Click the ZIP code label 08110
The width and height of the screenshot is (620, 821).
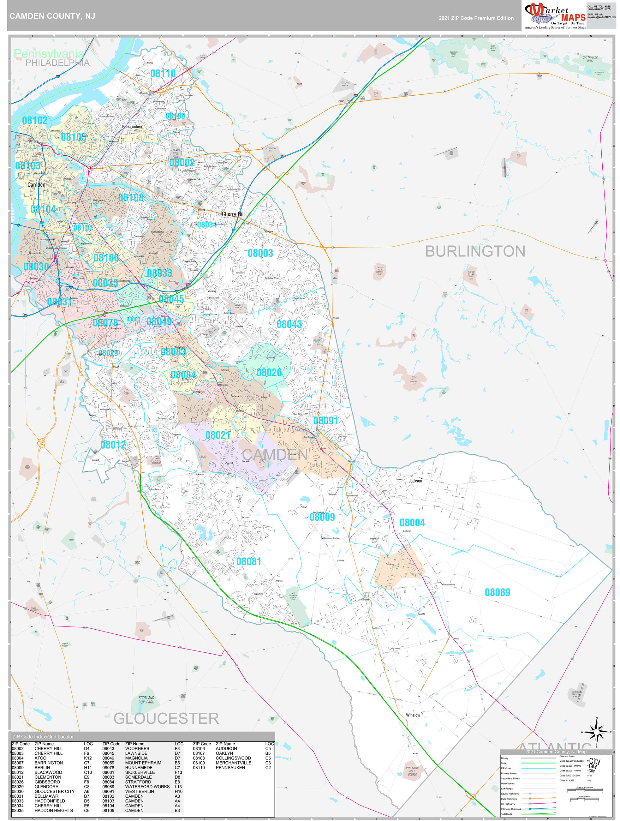pyautogui.click(x=163, y=74)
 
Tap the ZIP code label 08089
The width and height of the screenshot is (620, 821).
pyautogui.click(x=497, y=592)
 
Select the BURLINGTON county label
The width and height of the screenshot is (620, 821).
pyautogui.click(x=475, y=251)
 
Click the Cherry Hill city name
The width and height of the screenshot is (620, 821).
pyautogui.click(x=233, y=214)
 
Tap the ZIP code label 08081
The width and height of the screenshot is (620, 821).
pyautogui.click(x=248, y=561)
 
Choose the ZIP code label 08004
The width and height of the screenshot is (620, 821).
pyautogui.click(x=412, y=523)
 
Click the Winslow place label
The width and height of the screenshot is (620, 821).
pyautogui.click(x=413, y=715)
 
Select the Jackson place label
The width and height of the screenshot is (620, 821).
pyautogui.click(x=415, y=481)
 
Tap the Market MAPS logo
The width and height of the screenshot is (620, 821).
pyautogui.click(x=555, y=15)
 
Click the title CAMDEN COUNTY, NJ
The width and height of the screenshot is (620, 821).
pyautogui.click(x=52, y=16)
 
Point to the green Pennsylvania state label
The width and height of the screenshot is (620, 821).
pyautogui.click(x=49, y=54)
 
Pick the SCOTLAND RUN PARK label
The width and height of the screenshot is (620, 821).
pyautogui.click(x=146, y=700)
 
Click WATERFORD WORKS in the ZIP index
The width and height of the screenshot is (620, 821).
pyautogui.click(x=147, y=787)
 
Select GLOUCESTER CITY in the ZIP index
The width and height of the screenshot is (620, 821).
pyautogui.click(x=55, y=791)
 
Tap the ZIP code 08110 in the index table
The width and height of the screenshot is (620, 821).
pyautogui.click(x=199, y=768)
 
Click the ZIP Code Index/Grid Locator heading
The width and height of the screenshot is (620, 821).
pyautogui.click(x=43, y=737)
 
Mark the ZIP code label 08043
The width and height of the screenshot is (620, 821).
pyautogui.click(x=289, y=324)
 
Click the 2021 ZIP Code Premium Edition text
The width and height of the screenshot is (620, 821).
pyautogui.click(x=476, y=18)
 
